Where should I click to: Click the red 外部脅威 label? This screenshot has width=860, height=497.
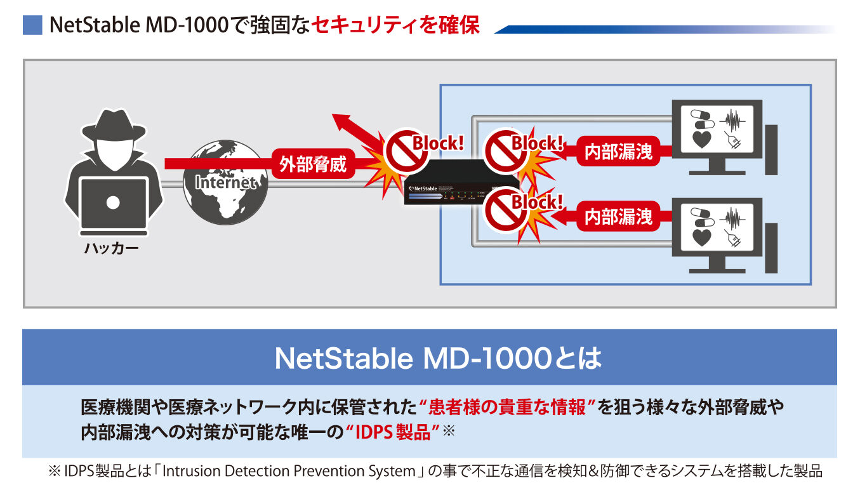coord(313,164)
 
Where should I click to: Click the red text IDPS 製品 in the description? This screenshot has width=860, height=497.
coord(394,433)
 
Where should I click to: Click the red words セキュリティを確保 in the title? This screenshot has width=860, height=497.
coord(395,25)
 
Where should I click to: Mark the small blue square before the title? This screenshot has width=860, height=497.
coord(32,25)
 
